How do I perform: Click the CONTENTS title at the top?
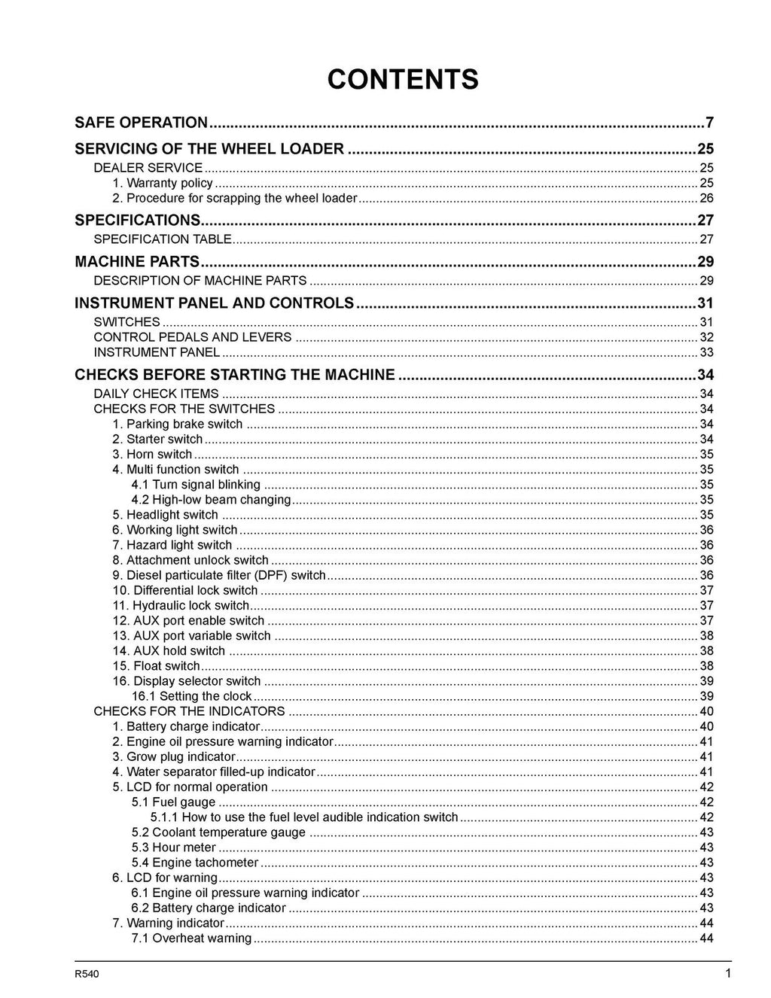tap(403, 79)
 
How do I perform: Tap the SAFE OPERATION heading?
tap(141, 123)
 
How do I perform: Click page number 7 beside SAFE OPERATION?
tap(709, 123)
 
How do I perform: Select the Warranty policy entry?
tap(163, 183)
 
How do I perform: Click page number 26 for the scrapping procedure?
tap(706, 199)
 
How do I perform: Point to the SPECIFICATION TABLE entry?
tap(162, 239)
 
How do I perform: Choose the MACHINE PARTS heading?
tap(137, 262)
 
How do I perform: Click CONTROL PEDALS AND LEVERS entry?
tap(192, 337)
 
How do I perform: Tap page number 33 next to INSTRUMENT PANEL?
tap(706, 352)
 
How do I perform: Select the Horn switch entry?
tap(152, 455)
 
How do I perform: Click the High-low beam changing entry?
tap(211, 500)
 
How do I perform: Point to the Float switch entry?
tap(156, 666)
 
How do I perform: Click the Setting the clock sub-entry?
tap(191, 696)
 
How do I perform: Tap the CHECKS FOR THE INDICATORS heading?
tap(189, 711)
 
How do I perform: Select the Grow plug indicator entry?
tap(174, 757)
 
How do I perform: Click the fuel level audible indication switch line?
tap(304, 817)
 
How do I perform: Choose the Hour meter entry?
tap(173, 847)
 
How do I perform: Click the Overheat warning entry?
tap(191, 939)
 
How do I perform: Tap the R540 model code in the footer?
tap(87, 975)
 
